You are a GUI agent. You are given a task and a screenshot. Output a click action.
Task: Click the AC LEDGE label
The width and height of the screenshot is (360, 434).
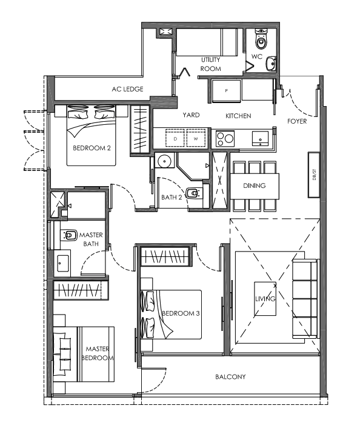(127, 89)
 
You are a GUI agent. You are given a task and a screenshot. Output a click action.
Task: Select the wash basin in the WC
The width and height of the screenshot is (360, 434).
(271, 64)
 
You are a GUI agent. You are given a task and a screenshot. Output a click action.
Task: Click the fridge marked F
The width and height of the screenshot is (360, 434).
(226, 91)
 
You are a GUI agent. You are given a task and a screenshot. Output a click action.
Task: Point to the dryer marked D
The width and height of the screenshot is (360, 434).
(175, 138)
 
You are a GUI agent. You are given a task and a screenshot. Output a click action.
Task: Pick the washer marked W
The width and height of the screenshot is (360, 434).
(196, 138)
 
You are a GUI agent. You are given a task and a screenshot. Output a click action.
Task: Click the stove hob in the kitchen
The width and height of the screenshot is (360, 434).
(225, 138)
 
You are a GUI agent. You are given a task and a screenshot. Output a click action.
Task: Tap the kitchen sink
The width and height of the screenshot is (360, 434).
(260, 138)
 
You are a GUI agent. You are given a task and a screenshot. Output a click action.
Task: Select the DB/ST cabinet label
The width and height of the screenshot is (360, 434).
(314, 175)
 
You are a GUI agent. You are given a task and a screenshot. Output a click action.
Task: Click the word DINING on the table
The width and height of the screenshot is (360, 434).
(255, 185)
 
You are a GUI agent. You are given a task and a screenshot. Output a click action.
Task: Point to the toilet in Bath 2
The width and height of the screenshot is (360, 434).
(194, 193)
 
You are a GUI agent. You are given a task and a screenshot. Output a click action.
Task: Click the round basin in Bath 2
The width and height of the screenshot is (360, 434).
(164, 160)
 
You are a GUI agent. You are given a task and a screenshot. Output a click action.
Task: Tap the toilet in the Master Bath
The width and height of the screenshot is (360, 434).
(68, 235)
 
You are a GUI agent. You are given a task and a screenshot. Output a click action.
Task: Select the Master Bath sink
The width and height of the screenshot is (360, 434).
(63, 263)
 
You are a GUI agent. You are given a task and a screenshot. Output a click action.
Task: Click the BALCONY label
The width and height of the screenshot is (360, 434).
(230, 376)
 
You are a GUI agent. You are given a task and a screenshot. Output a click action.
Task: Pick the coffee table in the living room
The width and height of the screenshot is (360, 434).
(265, 299)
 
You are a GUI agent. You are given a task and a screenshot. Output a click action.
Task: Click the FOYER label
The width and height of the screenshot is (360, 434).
(297, 121)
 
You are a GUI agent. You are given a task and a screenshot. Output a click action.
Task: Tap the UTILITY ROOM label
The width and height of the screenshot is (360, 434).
(210, 64)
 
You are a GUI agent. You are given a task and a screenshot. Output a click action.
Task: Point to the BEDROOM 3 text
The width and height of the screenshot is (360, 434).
(181, 313)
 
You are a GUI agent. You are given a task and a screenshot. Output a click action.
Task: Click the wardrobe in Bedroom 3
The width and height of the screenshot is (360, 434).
(165, 256)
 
